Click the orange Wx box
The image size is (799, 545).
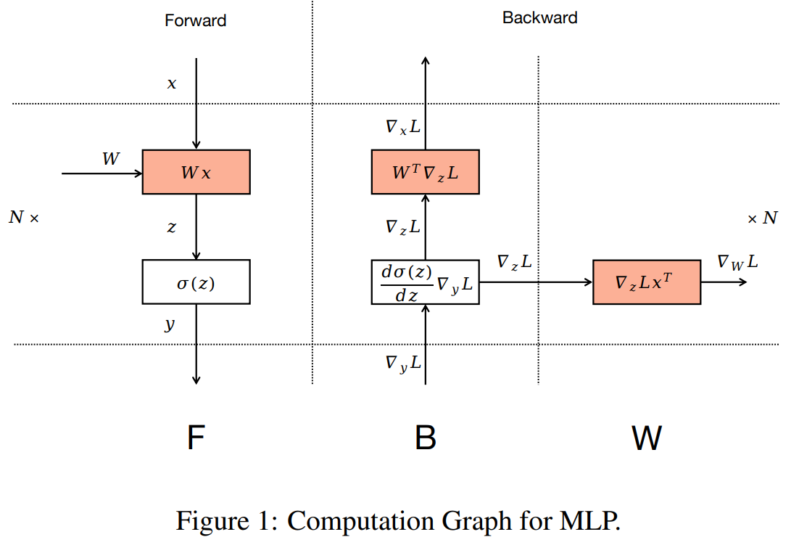(196, 172)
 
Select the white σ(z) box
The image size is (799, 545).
(196, 282)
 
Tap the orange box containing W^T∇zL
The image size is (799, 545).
(425, 172)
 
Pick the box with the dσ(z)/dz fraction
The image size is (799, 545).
(425, 282)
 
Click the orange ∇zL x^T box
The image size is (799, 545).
(647, 282)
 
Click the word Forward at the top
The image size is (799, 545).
(195, 20)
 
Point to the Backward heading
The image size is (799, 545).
(539, 17)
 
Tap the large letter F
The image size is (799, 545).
(195, 438)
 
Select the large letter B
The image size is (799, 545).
(425, 438)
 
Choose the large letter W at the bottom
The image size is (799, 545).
(646, 438)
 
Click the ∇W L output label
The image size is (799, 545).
(737, 262)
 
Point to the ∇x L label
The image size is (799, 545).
(402, 126)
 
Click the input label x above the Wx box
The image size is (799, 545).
(172, 84)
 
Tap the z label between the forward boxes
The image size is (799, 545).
(171, 227)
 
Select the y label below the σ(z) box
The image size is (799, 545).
(170, 324)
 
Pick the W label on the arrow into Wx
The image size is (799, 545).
(110, 159)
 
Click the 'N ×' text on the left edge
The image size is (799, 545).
(23, 217)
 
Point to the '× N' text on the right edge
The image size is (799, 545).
(762, 218)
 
